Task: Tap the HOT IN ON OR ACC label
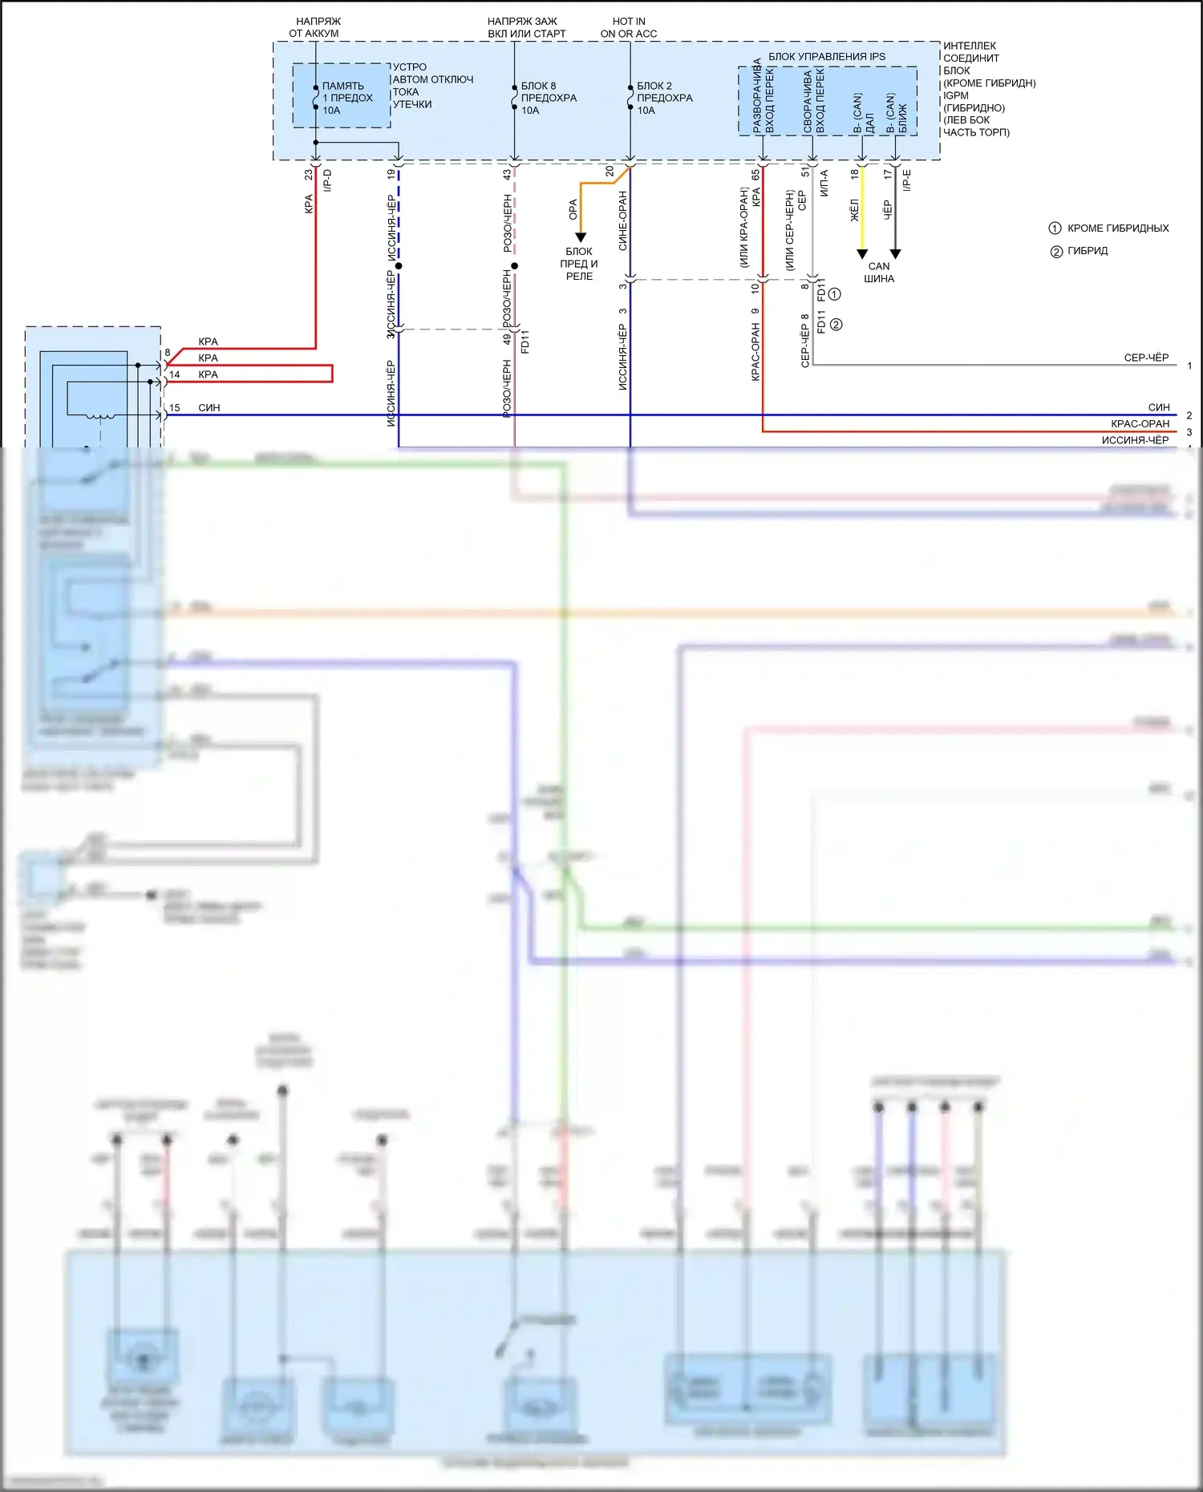click(629, 27)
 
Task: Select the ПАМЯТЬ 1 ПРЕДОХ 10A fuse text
click(346, 98)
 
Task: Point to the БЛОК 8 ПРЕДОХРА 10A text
click(548, 98)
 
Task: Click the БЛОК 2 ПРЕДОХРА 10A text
click(664, 98)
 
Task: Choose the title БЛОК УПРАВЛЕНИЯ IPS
click(827, 57)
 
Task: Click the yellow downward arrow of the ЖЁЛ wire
click(862, 253)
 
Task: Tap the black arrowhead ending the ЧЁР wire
click(896, 253)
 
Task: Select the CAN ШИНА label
click(879, 273)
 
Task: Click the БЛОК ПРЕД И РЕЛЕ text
click(579, 264)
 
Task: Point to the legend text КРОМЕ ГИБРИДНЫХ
click(1118, 228)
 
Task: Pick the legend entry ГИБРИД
click(1088, 251)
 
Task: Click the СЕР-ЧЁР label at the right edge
click(1146, 358)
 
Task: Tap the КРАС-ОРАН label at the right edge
click(1140, 423)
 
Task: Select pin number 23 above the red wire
click(309, 174)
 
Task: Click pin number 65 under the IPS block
click(755, 174)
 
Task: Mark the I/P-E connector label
click(907, 180)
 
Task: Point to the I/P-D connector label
click(327, 180)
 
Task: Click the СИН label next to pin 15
click(209, 408)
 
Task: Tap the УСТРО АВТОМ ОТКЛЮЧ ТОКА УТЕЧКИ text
click(432, 86)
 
